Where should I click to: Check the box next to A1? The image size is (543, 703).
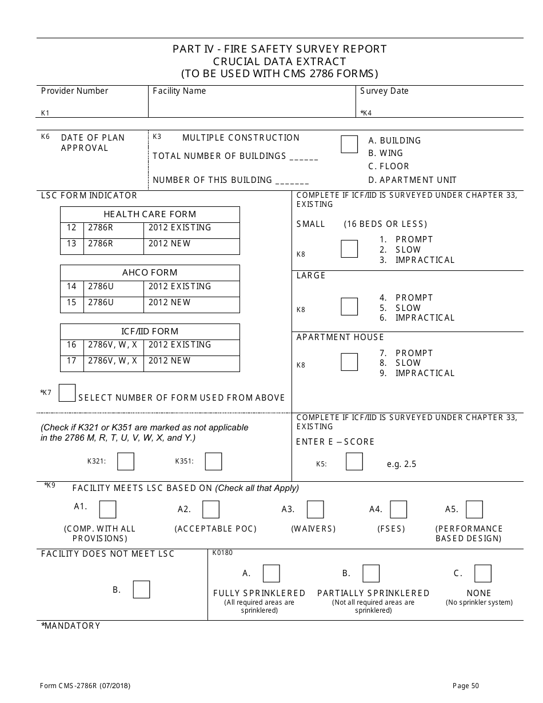[x=107, y=509]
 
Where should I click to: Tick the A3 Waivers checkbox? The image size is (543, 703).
[x=315, y=509]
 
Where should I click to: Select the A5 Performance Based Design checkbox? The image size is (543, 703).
[x=474, y=509]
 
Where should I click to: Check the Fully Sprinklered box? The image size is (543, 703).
[x=271, y=573]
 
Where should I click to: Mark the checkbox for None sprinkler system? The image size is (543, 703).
[x=482, y=573]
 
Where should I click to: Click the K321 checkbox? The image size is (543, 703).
[x=126, y=461]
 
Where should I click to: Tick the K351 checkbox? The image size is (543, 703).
[x=213, y=461]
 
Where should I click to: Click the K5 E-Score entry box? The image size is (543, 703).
[x=354, y=461]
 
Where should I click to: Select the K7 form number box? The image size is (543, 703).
[x=67, y=393]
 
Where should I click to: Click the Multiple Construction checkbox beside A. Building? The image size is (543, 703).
[x=349, y=144]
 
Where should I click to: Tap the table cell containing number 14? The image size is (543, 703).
[x=71, y=287]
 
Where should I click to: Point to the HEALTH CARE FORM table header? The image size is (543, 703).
[x=150, y=214]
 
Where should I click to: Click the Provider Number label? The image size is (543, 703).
[x=74, y=91]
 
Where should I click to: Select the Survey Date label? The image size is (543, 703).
[x=384, y=91]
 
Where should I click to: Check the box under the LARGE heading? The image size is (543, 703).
[x=349, y=306]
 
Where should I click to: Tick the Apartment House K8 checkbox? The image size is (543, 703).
[x=349, y=362]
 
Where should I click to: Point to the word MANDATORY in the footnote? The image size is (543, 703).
[x=72, y=626]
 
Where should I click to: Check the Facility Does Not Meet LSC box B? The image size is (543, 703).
[x=141, y=589]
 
